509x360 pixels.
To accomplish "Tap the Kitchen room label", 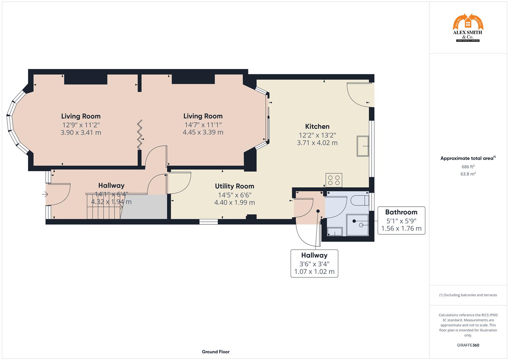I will click(317, 126).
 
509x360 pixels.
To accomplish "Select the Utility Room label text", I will click(234, 186).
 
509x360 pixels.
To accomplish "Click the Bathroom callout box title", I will click(401, 212).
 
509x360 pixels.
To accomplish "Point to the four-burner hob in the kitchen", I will click(334, 180).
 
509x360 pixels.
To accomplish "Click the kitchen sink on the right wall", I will click(363, 146).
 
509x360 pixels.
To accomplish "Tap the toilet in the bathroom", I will click(359, 201).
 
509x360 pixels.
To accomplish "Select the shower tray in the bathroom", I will click(357, 225).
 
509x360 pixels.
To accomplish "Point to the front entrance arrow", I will click(45, 194).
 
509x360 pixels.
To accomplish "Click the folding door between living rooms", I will click(140, 135).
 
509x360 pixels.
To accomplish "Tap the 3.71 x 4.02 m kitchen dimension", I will click(317, 143).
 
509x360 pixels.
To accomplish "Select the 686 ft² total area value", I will click(468, 167).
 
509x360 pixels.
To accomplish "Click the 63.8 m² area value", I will click(468, 174).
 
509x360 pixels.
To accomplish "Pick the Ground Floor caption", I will click(215, 352).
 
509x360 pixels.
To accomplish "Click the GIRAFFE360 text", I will click(468, 345).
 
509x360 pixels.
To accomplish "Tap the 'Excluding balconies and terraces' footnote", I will click(468, 295).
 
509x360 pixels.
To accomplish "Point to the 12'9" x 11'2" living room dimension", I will click(81, 125).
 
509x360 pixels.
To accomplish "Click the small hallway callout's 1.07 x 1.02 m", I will click(314, 271).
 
